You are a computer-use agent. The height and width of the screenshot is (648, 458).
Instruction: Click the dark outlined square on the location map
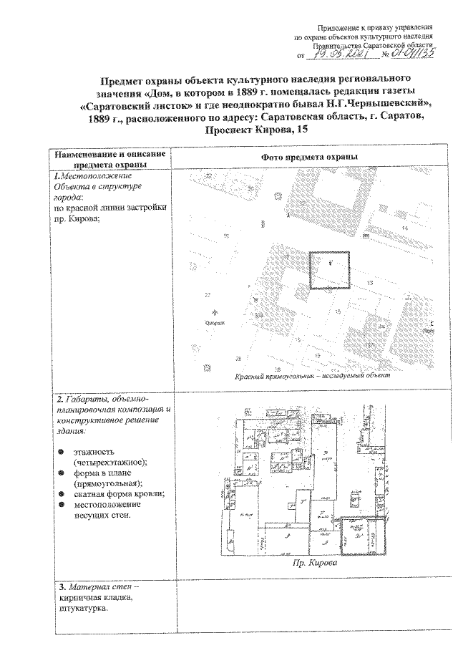pos(328,269)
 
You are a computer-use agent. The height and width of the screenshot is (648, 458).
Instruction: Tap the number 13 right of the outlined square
pos(369,284)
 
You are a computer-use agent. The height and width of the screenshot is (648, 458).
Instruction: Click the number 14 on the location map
pos(404,228)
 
